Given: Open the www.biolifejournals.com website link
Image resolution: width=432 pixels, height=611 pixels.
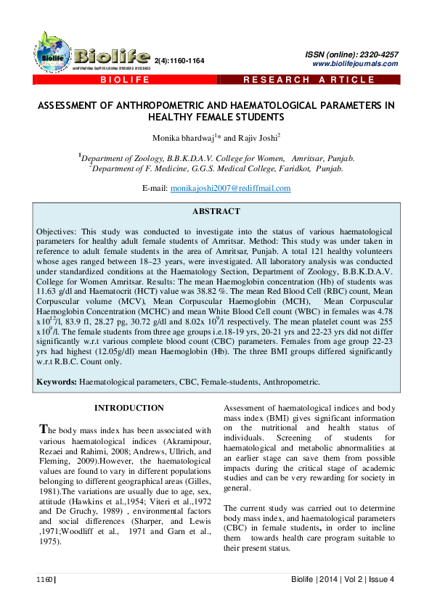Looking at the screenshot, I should click(x=354, y=64).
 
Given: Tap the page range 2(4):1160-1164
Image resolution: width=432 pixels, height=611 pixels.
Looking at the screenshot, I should click(x=179, y=60).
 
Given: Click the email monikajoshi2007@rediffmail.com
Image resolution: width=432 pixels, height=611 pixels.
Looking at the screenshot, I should click(x=230, y=188).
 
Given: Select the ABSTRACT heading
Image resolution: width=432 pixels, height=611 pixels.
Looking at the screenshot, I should click(x=216, y=211).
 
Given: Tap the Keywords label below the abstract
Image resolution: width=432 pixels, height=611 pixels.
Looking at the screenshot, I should click(x=57, y=381).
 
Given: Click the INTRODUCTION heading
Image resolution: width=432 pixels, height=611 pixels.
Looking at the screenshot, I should click(x=129, y=409).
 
